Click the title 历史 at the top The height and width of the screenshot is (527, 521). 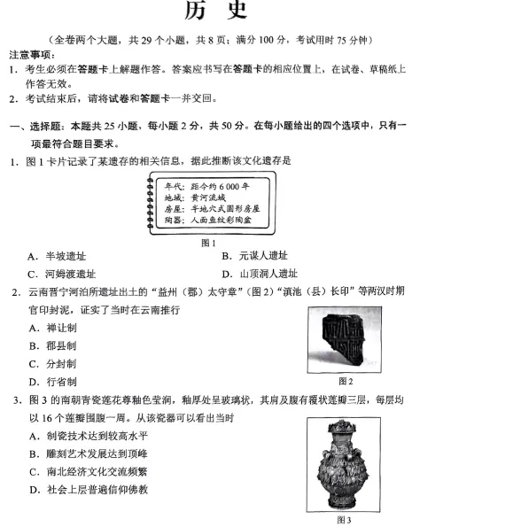point(216,12)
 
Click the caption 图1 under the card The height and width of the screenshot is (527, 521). point(208,242)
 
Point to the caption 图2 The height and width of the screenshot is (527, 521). point(346,381)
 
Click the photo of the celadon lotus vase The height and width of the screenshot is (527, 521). point(345,461)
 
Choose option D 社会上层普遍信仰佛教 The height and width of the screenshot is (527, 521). point(87,490)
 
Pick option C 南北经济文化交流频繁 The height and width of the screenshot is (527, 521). point(87,472)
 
